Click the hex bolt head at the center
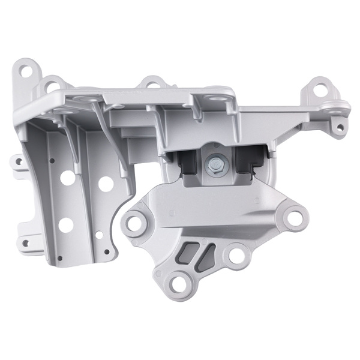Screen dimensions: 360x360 [214, 162]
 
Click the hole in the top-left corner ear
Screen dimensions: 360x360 [25, 71]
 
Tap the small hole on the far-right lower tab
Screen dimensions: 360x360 [340, 127]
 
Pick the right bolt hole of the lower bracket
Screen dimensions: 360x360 [294, 218]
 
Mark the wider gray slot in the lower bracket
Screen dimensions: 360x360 [191, 250]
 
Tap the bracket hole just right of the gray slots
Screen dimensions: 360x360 [236, 256]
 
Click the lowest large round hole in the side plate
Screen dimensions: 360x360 [67, 224]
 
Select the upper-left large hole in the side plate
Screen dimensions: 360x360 [68, 178]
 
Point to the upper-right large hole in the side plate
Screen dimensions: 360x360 [106, 184]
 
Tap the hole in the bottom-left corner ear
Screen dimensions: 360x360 [25, 244]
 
